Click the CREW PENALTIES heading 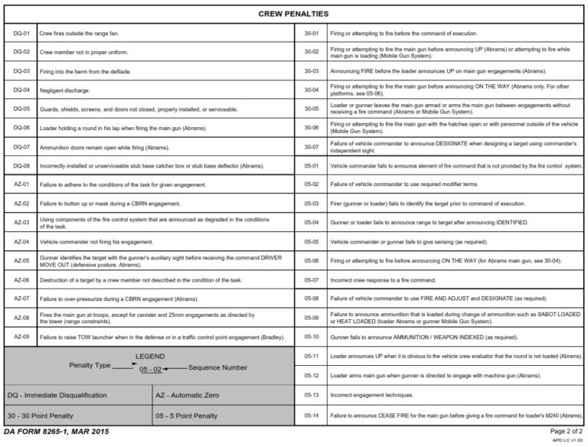[293, 14]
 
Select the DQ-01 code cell [21, 34]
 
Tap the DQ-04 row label [21, 90]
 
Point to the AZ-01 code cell [21, 184]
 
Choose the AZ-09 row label [21, 336]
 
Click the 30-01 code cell [312, 34]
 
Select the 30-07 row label [312, 147]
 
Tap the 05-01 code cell [312, 165]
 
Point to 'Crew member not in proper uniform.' [83, 53]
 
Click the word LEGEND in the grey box [150, 357]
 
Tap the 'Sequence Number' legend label [217, 368]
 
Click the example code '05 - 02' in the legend [150, 370]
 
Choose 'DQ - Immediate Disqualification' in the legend [57, 395]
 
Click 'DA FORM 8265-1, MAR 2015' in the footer [57, 432]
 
